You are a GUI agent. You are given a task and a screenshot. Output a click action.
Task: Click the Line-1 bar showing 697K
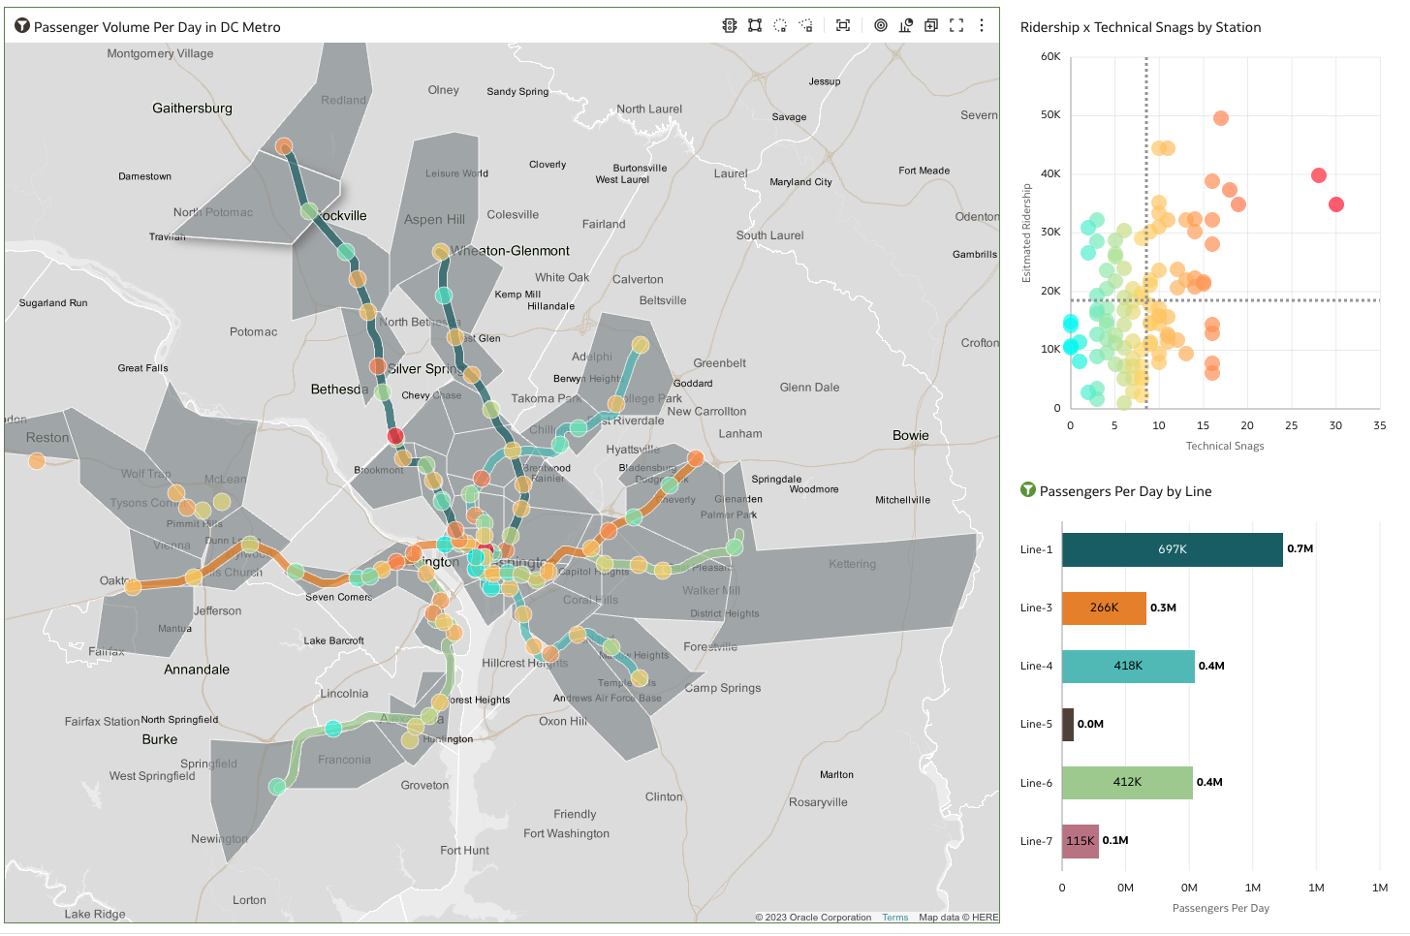tap(1172, 549)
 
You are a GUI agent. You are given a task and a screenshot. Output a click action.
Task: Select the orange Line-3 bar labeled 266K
tap(1104, 608)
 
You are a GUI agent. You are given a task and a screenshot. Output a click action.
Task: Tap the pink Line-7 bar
tap(1080, 841)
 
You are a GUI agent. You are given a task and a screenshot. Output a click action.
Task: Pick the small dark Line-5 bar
tap(1068, 724)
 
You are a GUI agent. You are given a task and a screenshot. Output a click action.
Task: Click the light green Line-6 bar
tap(1127, 782)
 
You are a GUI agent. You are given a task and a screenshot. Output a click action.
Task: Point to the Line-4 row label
tap(1036, 666)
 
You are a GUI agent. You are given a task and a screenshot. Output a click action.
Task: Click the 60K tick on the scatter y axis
tap(1050, 56)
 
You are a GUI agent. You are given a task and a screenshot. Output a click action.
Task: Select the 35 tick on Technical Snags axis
tap(1379, 425)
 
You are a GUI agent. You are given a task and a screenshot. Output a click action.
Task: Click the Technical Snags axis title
tap(1224, 446)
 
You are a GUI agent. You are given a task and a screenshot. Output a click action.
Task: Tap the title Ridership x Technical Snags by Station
tap(1140, 27)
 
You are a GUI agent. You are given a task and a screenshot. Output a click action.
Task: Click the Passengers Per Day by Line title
tap(1125, 491)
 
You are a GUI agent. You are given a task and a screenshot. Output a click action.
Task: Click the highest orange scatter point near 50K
tap(1221, 118)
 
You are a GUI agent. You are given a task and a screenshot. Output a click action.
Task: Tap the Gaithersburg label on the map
tap(192, 109)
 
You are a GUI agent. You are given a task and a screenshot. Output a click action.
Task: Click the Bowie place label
tap(910, 435)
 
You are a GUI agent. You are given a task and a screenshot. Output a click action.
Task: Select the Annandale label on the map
tap(197, 670)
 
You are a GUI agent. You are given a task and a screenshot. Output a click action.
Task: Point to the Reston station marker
tap(37, 460)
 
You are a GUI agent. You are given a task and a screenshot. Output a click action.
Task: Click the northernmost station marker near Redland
tap(284, 146)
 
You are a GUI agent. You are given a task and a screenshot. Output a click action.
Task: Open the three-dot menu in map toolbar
tap(982, 26)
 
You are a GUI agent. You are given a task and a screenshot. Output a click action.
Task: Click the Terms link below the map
tap(894, 918)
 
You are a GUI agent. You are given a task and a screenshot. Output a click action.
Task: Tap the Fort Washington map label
tap(566, 833)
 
